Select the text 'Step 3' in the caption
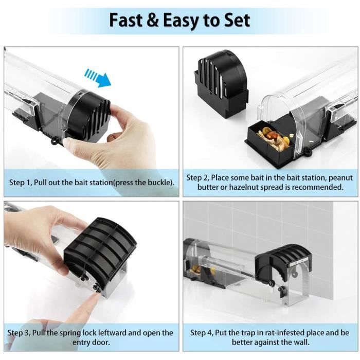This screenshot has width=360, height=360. pyautogui.click(x=22, y=333)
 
